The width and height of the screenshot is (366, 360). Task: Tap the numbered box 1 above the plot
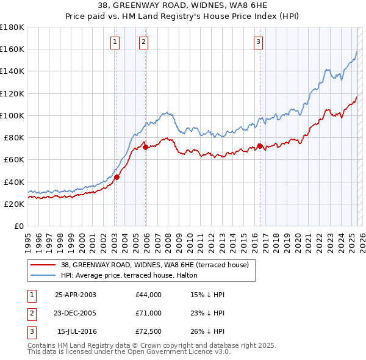point(115,41)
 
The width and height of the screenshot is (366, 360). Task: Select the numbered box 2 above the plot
point(143,41)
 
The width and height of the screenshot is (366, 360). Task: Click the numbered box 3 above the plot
point(259,41)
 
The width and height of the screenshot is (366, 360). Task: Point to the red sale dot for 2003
point(117,177)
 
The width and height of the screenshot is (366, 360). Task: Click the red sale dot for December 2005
point(145,147)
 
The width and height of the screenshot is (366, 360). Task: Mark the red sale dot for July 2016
point(260,146)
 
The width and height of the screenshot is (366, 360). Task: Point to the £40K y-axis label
point(13,182)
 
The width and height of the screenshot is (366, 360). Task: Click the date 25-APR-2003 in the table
point(76,295)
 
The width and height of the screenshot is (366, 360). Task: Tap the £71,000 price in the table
point(148,313)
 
